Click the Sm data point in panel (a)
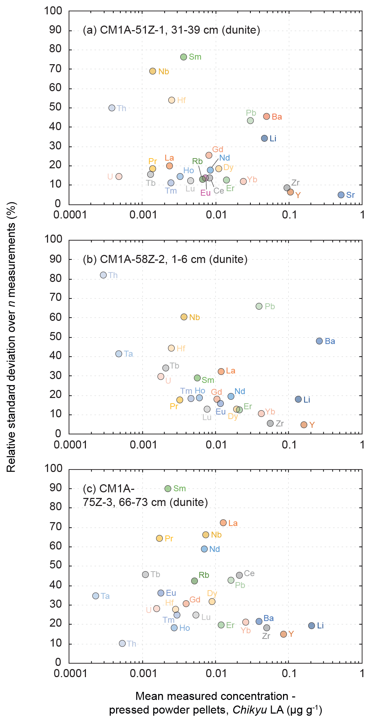click(183, 57)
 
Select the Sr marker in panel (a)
click(341, 195)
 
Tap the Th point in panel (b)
click(103, 275)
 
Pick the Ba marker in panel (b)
click(319, 341)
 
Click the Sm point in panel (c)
click(168, 488)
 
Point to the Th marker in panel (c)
click(122, 643)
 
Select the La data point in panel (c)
click(223, 523)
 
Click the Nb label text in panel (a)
click(163, 72)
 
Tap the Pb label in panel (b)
click(270, 306)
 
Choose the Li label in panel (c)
click(320, 626)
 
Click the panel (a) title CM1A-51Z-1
click(171, 30)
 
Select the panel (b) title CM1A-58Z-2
click(165, 259)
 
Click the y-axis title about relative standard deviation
click(11, 337)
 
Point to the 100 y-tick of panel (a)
click(53, 11)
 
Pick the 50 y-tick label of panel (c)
click(56, 565)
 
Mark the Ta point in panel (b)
click(119, 353)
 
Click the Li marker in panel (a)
click(264, 138)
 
